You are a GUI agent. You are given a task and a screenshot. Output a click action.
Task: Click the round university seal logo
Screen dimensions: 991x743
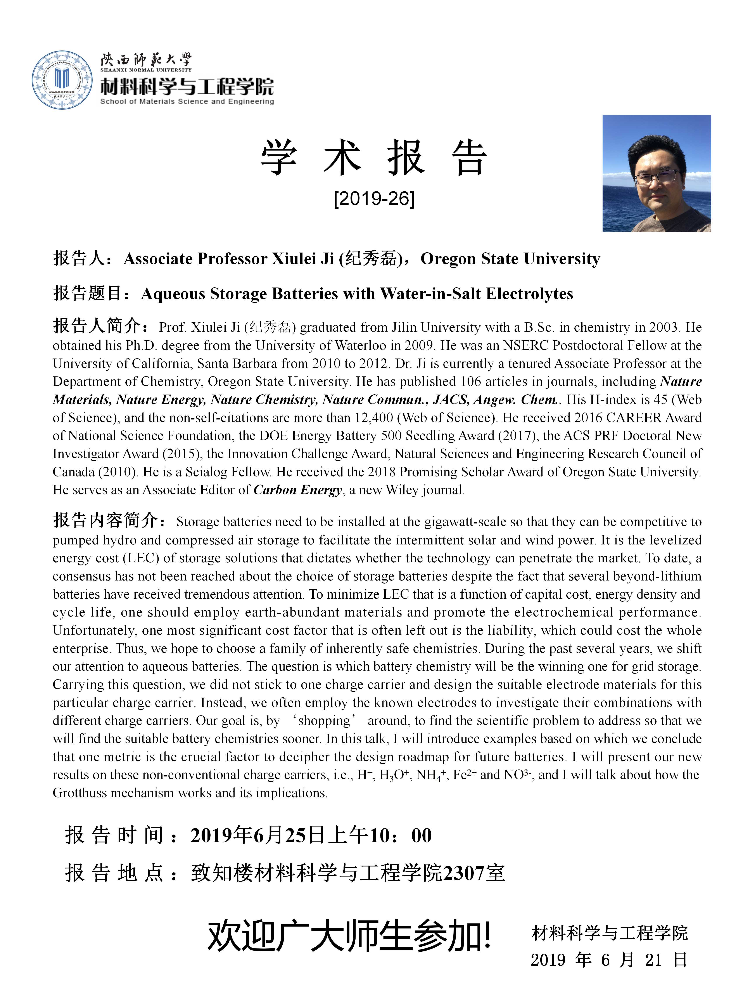(62, 80)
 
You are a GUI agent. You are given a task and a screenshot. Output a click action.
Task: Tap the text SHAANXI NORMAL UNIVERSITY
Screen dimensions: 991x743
(145, 70)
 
